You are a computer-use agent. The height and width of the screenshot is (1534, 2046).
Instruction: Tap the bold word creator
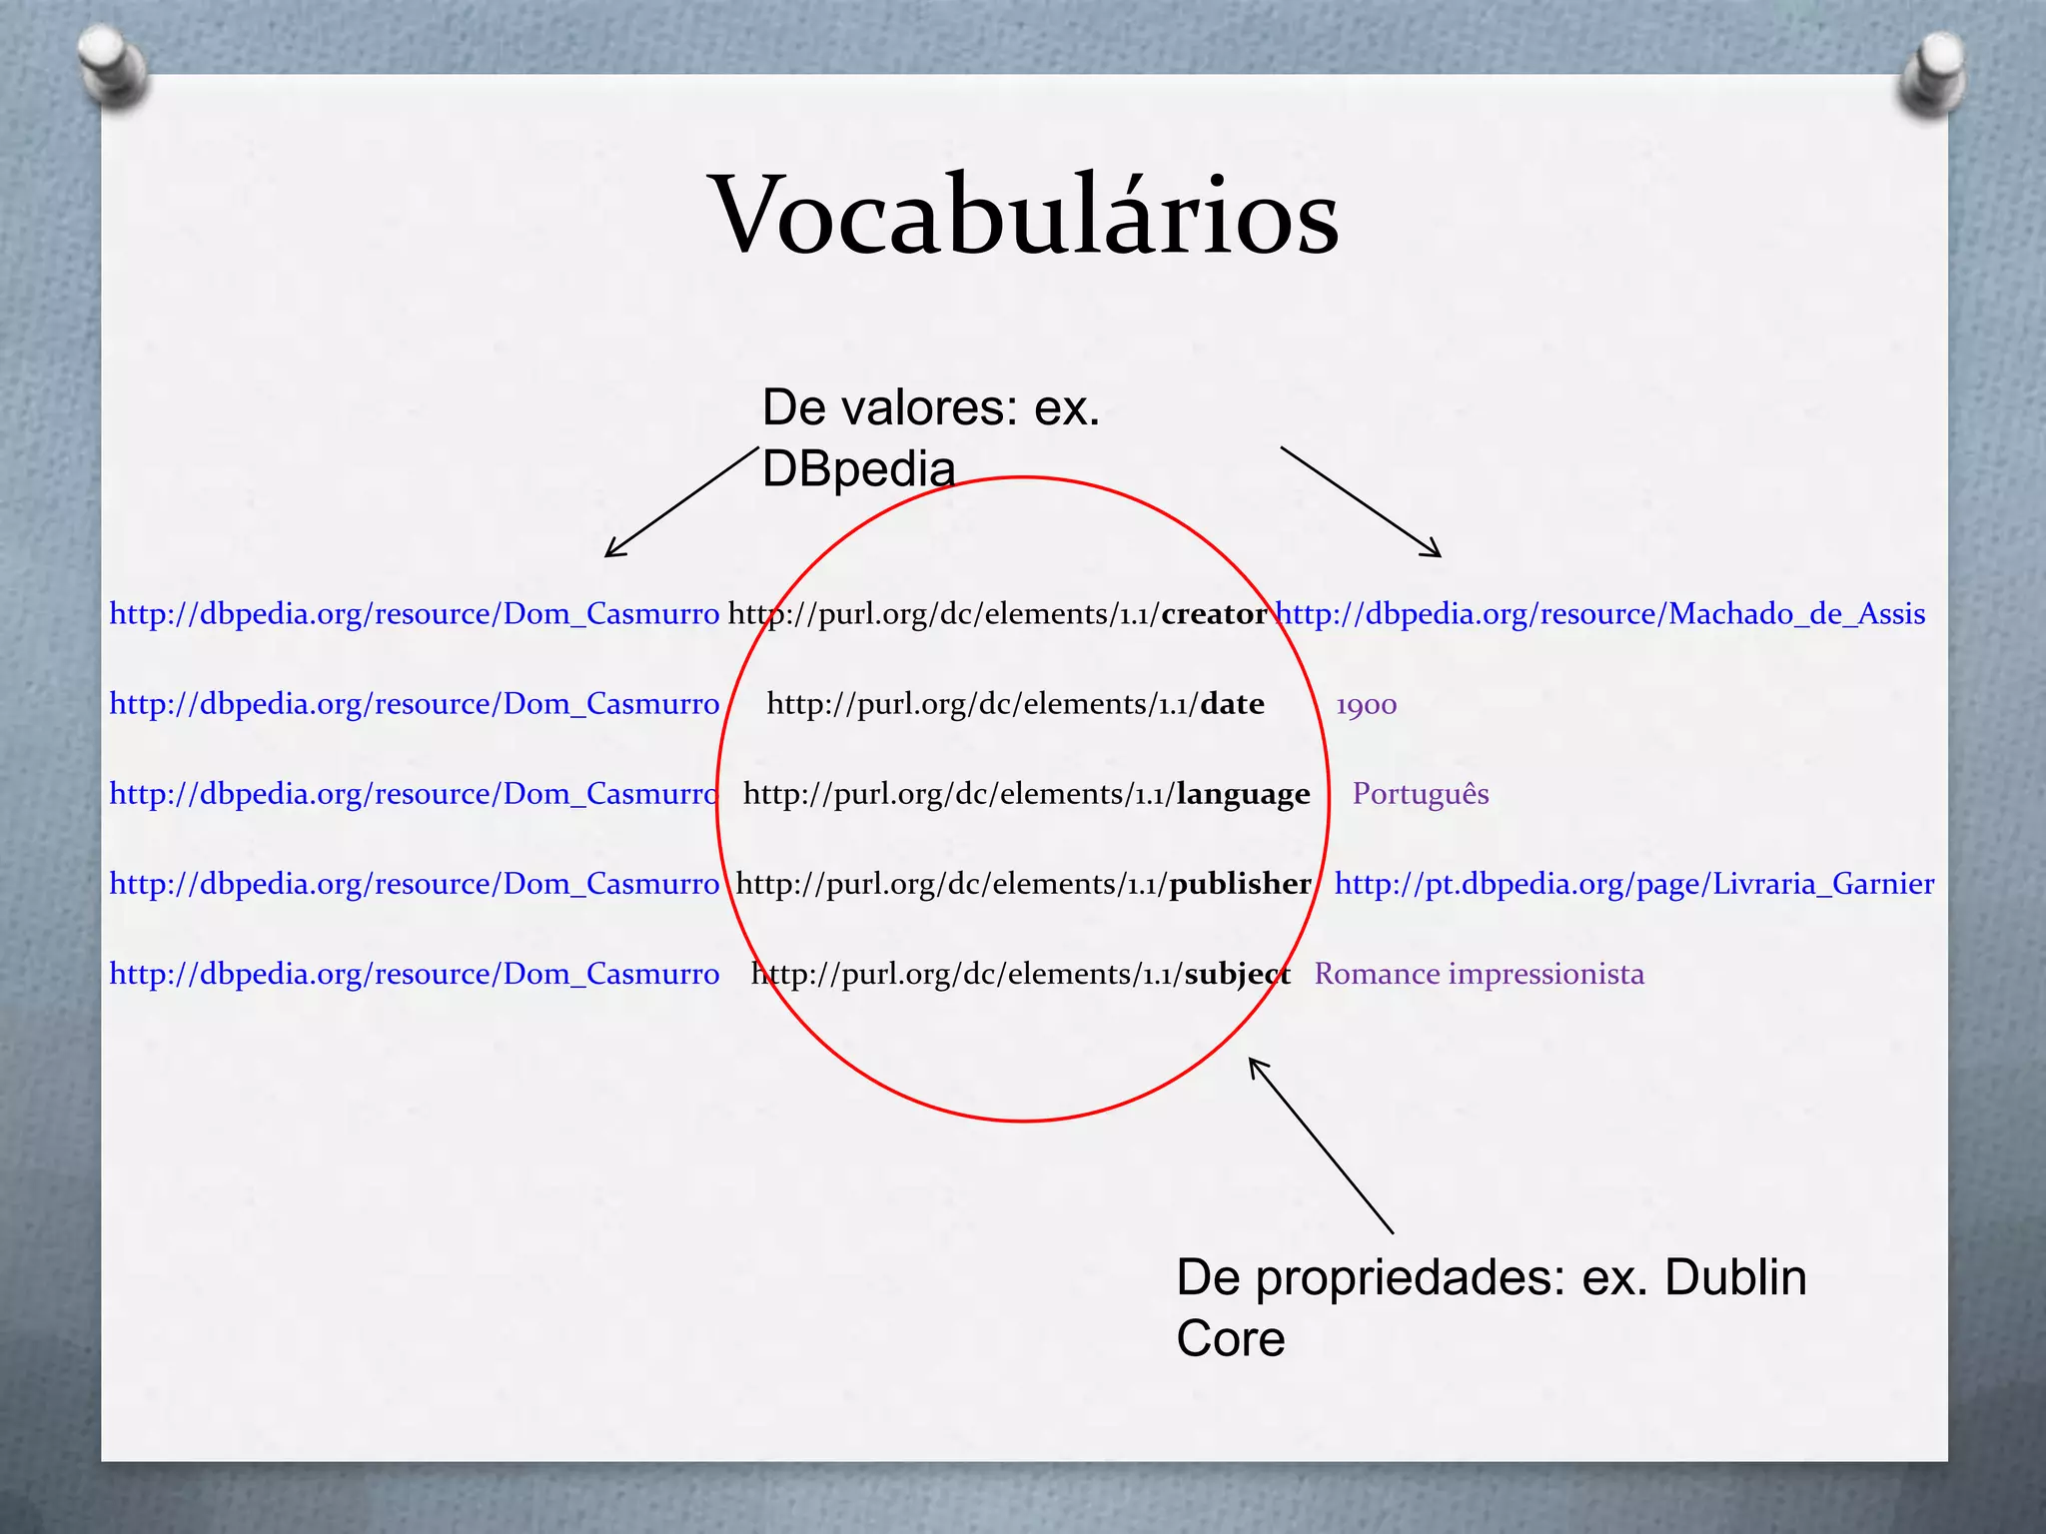click(x=1214, y=613)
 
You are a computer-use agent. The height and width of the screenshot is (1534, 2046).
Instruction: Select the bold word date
click(x=1232, y=704)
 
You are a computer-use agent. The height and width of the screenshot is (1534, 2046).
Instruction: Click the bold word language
click(x=1243, y=794)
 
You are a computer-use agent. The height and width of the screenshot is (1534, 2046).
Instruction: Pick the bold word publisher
click(x=1240, y=884)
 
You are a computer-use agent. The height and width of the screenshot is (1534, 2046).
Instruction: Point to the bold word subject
click(x=1237, y=974)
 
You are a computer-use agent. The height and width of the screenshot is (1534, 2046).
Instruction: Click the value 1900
click(x=1366, y=705)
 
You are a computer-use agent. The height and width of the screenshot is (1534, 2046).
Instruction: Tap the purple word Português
click(x=1420, y=794)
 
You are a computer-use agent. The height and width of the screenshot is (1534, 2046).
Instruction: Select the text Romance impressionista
click(x=1479, y=974)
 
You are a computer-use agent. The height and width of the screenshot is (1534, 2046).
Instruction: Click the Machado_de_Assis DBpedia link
click(x=1601, y=613)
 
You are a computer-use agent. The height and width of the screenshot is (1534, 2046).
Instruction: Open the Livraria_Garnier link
click(x=1633, y=884)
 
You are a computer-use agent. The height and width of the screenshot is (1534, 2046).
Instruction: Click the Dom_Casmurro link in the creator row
click(x=414, y=613)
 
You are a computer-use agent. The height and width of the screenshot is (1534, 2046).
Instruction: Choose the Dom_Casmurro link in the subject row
click(x=414, y=974)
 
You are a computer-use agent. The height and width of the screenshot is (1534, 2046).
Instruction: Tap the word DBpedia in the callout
click(x=858, y=468)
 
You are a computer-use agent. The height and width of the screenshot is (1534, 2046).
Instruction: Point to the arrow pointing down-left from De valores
click(x=681, y=501)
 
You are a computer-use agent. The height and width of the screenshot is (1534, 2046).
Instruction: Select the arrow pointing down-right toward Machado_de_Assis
click(x=1361, y=501)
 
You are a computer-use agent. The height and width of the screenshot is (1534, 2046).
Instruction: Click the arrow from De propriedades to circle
click(x=1320, y=1145)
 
